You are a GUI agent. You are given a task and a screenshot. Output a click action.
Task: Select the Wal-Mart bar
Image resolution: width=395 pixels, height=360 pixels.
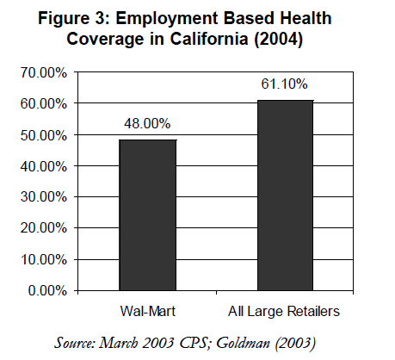coord(147,215)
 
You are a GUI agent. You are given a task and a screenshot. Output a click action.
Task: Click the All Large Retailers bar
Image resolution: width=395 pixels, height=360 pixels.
coord(285,196)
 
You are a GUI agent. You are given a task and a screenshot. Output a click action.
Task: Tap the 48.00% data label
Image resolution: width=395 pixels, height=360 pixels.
coord(147,124)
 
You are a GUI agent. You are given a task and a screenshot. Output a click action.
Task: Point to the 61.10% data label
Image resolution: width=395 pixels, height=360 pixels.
coord(284,84)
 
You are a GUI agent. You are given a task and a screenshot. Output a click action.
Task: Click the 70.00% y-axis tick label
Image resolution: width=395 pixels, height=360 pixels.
coord(44,73)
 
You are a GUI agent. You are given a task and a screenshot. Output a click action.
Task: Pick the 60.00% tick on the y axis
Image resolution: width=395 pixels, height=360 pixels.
coord(44,104)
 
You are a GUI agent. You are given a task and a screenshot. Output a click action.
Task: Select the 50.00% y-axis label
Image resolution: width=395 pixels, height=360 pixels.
coord(44,135)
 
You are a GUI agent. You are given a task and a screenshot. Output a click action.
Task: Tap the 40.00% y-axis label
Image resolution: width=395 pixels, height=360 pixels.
coord(44,166)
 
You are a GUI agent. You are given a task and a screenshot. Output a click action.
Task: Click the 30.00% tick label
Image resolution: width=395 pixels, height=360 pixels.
coord(44,197)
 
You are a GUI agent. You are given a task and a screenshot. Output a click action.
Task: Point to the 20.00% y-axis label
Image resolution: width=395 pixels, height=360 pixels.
coord(44,228)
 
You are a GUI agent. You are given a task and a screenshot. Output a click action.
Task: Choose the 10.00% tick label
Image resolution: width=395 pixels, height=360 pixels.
coord(44,260)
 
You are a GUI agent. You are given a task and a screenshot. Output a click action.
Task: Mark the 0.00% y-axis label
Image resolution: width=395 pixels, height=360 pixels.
coord(47,291)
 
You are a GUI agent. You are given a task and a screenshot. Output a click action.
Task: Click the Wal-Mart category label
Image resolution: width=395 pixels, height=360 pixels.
coord(148,311)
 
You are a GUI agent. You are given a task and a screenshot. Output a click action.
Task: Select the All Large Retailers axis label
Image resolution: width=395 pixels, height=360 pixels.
coord(284,312)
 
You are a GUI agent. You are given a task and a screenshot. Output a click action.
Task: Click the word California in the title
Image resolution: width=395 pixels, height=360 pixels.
coord(209,39)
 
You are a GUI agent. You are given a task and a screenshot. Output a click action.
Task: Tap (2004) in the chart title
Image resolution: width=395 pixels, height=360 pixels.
coord(278,39)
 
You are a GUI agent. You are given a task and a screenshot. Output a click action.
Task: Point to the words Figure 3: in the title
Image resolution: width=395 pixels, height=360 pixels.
coord(74,19)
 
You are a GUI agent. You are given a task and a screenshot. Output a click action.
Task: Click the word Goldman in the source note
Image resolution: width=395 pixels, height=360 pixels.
coord(244,343)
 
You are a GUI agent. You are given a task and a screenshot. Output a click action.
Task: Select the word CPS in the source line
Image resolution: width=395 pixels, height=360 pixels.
coord(195,343)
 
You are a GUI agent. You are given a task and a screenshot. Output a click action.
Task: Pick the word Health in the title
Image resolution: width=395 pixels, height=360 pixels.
coord(306,18)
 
